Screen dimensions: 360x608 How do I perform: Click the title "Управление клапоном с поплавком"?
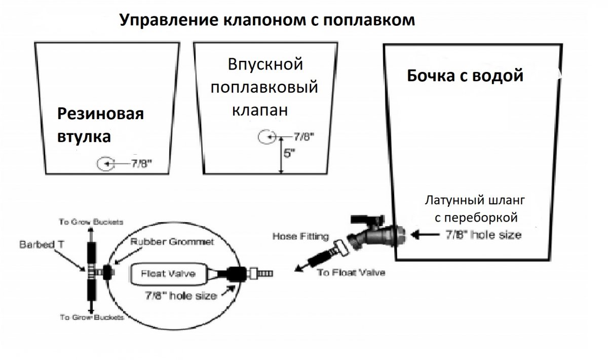pyautogui.click(x=267, y=20)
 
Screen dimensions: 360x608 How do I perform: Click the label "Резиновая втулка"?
pyautogui.click(x=100, y=125)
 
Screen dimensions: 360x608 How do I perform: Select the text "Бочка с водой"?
pyautogui.click(x=465, y=76)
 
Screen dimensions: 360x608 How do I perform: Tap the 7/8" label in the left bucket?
pyautogui.click(x=141, y=163)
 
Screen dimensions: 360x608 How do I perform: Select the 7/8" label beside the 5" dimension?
pyautogui.click(x=304, y=136)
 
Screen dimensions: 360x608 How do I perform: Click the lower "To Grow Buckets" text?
pyautogui.click(x=92, y=317)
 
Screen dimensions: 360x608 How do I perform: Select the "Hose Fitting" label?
pyautogui.click(x=300, y=236)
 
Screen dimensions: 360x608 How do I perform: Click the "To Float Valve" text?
pyautogui.click(x=351, y=272)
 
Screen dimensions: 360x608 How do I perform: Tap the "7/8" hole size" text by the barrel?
pyautogui.click(x=482, y=235)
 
